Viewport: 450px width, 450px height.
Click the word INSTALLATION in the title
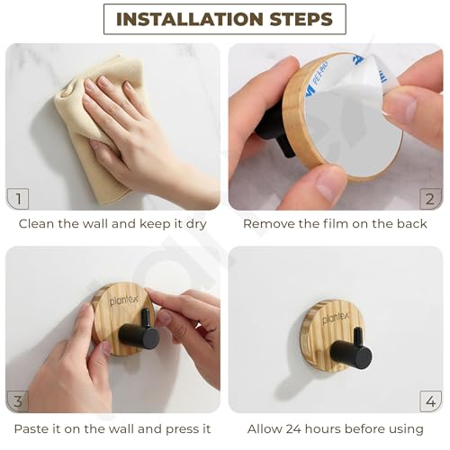point(191,19)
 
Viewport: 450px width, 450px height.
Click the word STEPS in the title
point(301,19)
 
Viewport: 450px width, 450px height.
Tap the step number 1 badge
point(18,199)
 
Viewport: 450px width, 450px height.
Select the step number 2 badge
point(430,199)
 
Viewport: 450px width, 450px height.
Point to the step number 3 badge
point(18,401)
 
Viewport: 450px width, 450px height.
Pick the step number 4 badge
point(430,401)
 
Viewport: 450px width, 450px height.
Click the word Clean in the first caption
point(37,224)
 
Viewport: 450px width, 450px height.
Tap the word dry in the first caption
point(196,224)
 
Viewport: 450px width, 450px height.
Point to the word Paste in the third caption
point(30,429)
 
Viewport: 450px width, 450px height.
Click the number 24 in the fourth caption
point(294,429)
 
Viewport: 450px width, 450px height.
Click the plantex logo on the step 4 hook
point(336,318)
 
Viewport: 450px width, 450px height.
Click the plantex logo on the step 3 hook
point(123,301)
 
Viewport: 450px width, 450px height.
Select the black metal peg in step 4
point(354,349)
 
